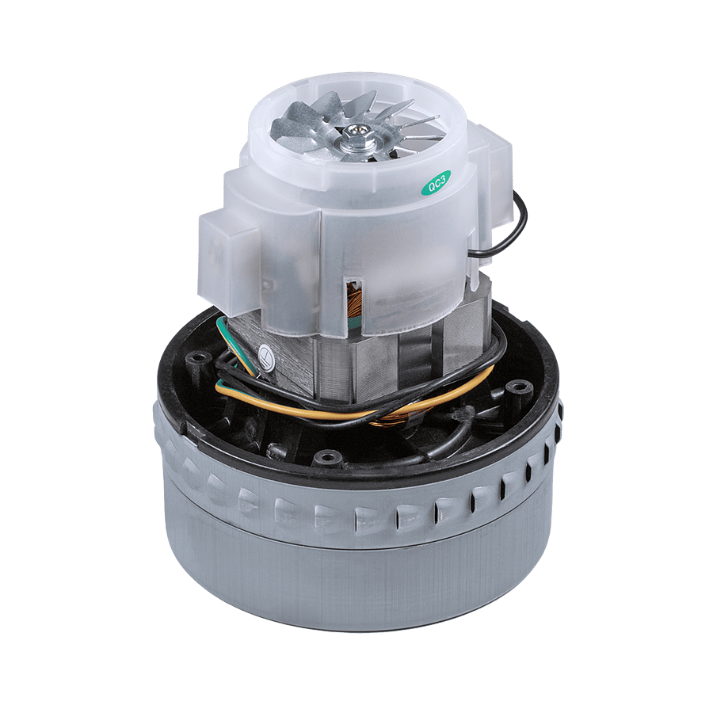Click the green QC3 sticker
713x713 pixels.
(437, 183)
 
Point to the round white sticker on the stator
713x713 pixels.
(267, 357)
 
